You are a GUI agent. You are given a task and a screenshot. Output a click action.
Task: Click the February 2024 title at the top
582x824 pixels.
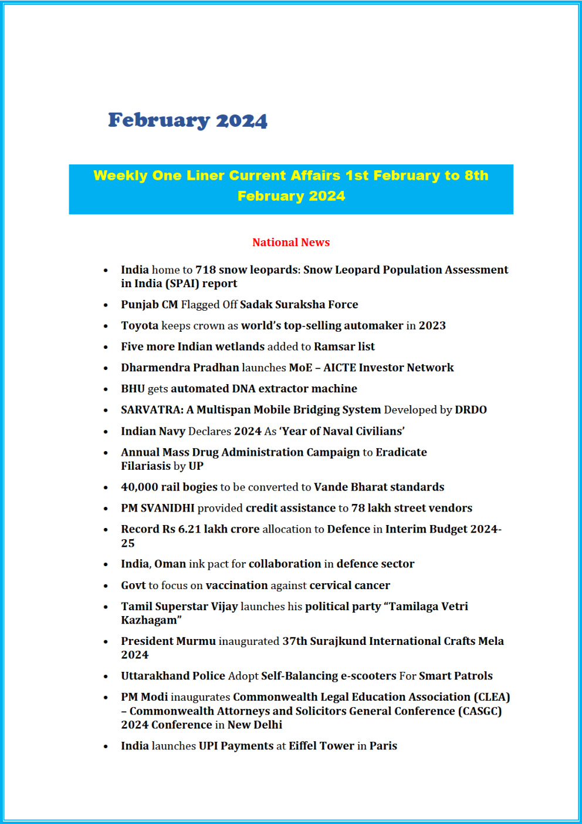[188, 120]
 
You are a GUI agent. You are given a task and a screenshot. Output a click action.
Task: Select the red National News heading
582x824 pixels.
[291, 243]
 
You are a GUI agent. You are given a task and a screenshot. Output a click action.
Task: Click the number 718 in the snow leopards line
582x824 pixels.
[205, 270]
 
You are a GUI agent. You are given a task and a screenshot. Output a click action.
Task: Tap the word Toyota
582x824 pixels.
[140, 325]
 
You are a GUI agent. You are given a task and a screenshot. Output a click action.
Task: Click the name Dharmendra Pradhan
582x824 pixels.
[180, 368]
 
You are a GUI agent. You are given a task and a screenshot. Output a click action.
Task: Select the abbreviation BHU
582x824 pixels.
[133, 389]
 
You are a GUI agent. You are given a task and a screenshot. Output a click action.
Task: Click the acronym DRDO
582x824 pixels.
[471, 410]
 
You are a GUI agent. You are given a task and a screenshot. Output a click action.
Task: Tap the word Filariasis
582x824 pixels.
[145, 466]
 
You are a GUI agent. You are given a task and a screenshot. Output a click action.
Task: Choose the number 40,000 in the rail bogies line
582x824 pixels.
[140, 487]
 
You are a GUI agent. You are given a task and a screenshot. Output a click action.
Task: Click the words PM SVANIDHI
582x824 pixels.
[158, 508]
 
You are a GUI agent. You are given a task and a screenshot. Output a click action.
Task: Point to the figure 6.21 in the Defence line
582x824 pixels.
[190, 529]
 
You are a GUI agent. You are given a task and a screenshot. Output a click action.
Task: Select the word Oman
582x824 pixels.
[170, 564]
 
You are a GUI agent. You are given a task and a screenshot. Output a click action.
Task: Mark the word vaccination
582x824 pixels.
[236, 586]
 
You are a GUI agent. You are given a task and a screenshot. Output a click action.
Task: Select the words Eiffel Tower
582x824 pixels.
[322, 746]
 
